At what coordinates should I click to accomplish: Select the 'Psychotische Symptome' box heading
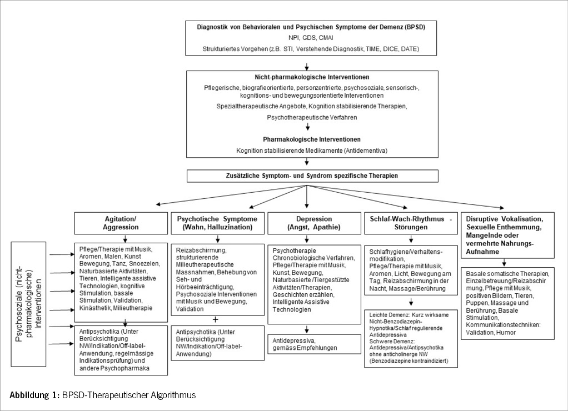(217, 223)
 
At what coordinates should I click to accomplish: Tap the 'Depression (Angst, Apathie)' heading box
(306, 223)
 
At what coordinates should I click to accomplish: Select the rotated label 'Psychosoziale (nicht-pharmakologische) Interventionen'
(28, 294)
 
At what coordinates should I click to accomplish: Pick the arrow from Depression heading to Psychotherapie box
(306, 239)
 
